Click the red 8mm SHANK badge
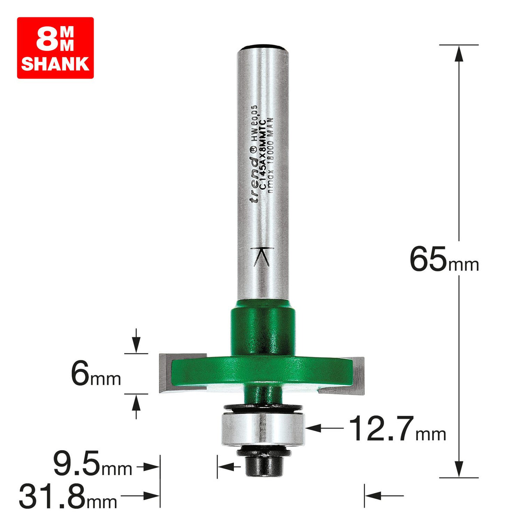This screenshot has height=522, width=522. (55, 48)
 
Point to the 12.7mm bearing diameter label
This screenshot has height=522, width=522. (396, 429)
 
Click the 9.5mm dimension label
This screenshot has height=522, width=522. (92, 466)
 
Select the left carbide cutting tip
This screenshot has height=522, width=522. (165, 373)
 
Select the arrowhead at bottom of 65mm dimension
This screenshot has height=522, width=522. (459, 469)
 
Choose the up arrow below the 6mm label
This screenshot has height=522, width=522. (136, 404)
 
